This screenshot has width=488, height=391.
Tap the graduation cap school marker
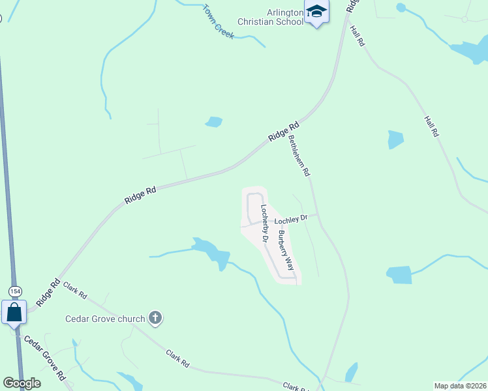pyautogui.click(x=316, y=12)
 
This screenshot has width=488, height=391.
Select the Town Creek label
pyautogui.click(x=218, y=22)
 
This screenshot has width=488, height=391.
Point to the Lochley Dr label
pyautogui.click(x=295, y=220)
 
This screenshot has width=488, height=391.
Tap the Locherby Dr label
pyautogui.click(x=264, y=224)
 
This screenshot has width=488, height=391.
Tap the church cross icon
pyautogui.click(x=155, y=318)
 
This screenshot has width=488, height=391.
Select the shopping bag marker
pyautogui.click(x=14, y=313)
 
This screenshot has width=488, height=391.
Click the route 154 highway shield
pyautogui.click(x=15, y=291)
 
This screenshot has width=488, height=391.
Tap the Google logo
pyautogui.click(x=22, y=383)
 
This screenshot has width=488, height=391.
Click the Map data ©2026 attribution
pyautogui.click(x=460, y=385)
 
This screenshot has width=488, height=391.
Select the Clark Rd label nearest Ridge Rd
pyautogui.click(x=75, y=290)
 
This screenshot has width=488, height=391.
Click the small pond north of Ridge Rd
pyautogui.click(x=213, y=122)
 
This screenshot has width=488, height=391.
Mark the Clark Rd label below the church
pyautogui.click(x=177, y=356)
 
